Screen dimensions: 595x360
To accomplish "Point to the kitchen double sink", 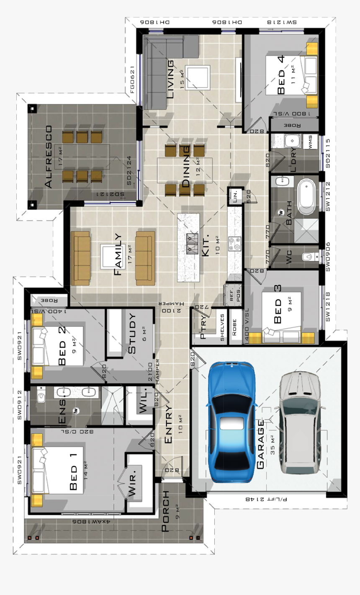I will click(x=192, y=244).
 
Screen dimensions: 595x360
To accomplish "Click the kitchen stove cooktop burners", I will click(x=234, y=244).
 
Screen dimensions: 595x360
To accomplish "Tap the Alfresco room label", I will click(x=49, y=157).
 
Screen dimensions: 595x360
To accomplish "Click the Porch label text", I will click(x=166, y=511).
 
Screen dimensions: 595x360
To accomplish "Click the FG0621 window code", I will click(x=132, y=80).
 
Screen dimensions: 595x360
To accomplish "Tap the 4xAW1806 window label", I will click(x=91, y=522).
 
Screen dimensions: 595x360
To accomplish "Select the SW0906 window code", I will click(x=328, y=256).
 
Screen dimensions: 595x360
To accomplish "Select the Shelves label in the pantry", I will click(x=222, y=327).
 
